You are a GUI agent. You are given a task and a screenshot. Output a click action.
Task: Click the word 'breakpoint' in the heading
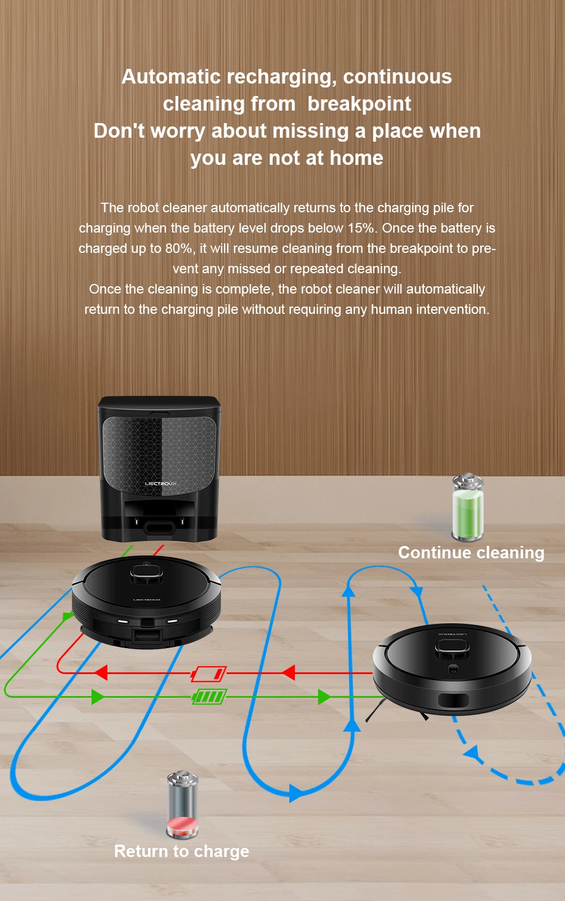point(359,104)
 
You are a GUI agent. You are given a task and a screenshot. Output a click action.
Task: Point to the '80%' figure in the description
point(178,248)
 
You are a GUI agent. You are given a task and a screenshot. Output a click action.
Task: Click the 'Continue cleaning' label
point(471,553)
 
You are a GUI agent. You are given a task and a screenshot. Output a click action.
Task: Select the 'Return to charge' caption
point(181,851)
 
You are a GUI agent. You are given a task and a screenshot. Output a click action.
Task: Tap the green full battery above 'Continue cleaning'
point(467,507)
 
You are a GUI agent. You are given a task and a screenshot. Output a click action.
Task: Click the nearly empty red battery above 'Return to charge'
point(182,804)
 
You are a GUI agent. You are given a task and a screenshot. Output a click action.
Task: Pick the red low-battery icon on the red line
point(208,673)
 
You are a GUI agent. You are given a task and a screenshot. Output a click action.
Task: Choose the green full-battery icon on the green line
point(209,697)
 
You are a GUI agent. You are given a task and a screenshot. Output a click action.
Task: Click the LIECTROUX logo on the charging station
point(160,483)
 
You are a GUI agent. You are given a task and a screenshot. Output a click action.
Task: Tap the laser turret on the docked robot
point(146,574)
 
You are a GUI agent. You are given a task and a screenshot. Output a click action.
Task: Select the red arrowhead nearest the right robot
point(288,672)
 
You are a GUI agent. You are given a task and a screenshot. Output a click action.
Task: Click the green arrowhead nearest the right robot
point(324,697)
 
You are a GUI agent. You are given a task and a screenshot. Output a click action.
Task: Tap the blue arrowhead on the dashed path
point(471,753)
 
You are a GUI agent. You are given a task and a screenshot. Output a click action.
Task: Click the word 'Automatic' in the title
point(171,77)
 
